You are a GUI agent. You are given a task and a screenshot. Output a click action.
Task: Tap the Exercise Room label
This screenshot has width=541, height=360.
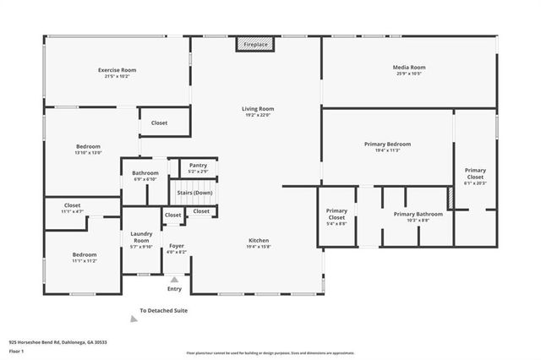pos(117,70)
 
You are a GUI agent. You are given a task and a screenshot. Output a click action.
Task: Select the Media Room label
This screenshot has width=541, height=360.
pos(408,68)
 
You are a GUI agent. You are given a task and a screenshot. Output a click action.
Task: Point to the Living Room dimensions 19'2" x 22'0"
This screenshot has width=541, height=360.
pos(258,115)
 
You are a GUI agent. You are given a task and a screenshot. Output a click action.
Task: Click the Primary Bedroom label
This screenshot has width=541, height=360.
pos(387,145)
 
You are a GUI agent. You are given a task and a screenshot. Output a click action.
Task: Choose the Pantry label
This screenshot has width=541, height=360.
pos(198,165)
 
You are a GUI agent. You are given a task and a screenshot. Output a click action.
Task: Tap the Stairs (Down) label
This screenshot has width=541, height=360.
pos(194,193)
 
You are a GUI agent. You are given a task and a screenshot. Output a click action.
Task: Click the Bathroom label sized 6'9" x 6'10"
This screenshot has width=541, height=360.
pos(145,173)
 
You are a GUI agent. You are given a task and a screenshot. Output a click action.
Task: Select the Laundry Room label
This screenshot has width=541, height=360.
pos(140,237)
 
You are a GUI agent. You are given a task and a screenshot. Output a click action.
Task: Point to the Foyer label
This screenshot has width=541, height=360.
pos(176,246)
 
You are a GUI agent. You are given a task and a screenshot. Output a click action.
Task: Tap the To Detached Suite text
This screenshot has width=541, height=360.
pos(163,310)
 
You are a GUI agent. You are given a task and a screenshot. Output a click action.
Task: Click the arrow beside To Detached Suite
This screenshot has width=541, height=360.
pos(133,318)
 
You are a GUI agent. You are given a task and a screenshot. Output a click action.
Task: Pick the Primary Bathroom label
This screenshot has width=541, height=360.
pos(418,214)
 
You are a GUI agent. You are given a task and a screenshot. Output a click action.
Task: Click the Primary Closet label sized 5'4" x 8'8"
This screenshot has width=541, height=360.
pos(336,213)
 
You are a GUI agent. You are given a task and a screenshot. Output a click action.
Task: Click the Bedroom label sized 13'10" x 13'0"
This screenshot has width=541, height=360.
pos(88,146)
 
